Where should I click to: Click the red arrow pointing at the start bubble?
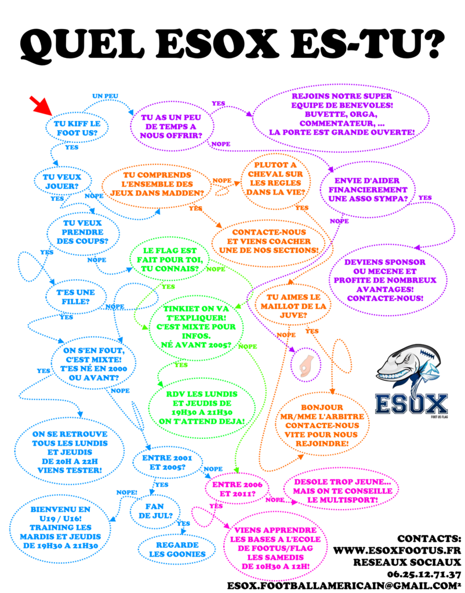click(41, 105)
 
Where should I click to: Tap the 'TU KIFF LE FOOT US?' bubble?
click(77, 128)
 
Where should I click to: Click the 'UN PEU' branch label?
click(106, 96)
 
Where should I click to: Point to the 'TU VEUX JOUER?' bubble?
click(63, 181)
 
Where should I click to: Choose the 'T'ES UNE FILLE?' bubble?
click(76, 297)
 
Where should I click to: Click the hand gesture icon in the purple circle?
click(306, 366)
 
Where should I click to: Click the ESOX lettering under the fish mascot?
click(412, 404)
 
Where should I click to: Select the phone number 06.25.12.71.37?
click(424, 574)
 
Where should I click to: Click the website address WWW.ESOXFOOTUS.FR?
click(397, 550)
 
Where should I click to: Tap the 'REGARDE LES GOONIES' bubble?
click(177, 550)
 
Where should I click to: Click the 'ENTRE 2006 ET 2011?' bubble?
click(237, 489)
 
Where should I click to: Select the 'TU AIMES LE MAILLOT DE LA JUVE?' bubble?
click(293, 306)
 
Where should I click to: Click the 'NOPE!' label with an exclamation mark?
click(127, 492)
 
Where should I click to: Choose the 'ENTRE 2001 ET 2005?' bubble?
click(167, 463)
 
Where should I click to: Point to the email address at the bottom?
click(344, 585)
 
